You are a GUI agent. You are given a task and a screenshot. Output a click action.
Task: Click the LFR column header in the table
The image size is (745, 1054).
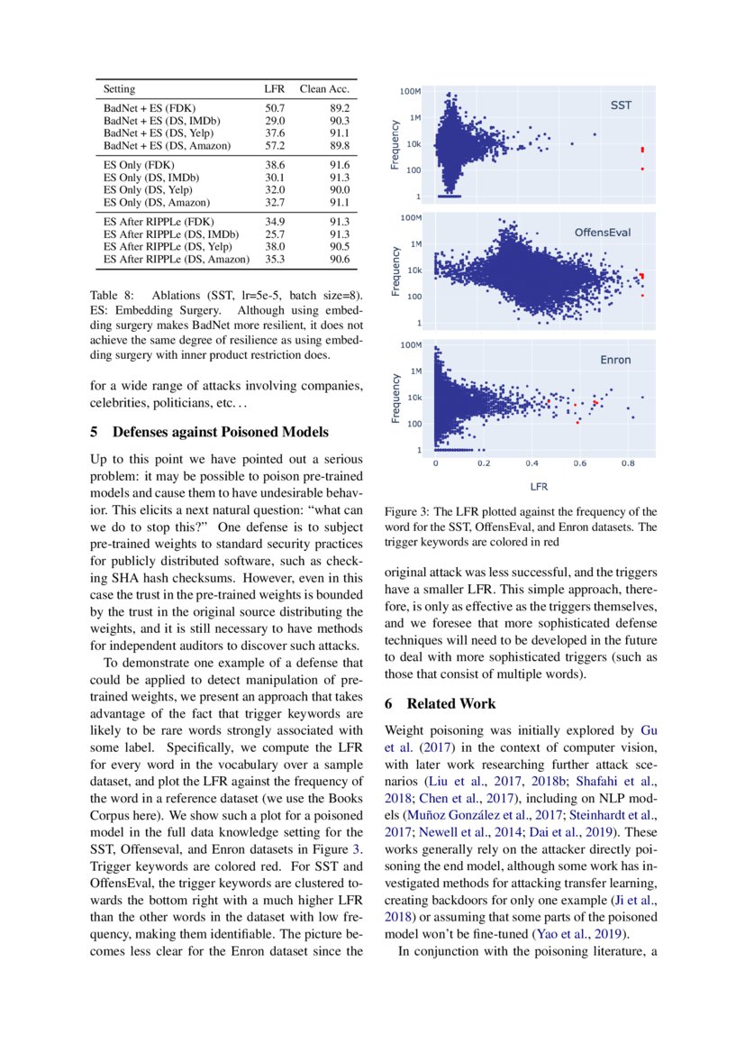274,89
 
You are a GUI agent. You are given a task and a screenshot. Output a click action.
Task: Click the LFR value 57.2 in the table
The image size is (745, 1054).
274,145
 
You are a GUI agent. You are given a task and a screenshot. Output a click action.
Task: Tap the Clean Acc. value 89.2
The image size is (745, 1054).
339,107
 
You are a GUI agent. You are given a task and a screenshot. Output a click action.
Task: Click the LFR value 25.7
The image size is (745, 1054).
274,234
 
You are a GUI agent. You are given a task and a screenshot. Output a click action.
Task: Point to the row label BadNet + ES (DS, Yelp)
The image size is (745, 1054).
161,133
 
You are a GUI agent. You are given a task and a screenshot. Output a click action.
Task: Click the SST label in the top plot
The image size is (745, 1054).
621,105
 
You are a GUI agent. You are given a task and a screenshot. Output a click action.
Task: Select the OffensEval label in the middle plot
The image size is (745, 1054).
603,232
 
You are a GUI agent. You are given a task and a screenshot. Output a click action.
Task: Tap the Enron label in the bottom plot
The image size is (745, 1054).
615,360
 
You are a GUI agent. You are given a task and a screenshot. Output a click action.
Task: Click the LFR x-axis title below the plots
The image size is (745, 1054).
538,486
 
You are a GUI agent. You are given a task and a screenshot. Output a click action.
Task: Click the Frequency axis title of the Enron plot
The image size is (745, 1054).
395,398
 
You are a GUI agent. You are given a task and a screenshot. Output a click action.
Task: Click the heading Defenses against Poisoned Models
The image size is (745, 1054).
209,431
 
